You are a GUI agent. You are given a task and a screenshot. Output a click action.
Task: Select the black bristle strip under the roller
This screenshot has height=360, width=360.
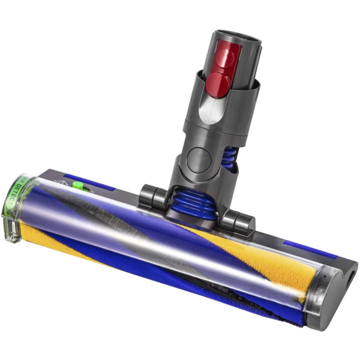[240, 300]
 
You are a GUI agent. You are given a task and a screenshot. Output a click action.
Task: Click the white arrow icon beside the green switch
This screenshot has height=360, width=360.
[60, 184]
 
